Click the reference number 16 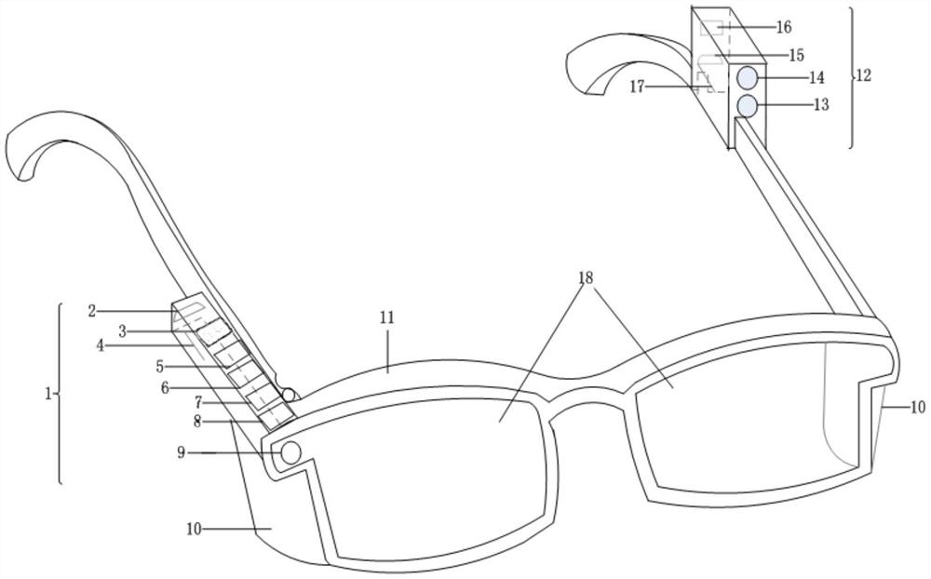pyautogui.click(x=783, y=27)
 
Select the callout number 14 pyautogui.click(x=816, y=78)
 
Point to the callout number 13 pyautogui.click(x=820, y=105)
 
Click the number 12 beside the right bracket pyautogui.click(x=863, y=75)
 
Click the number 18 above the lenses pyautogui.click(x=585, y=277)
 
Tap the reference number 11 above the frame pyautogui.click(x=386, y=317)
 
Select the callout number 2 pyautogui.click(x=92, y=311)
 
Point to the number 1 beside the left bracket pyautogui.click(x=47, y=393)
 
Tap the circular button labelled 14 pyautogui.click(x=748, y=77)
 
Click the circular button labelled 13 pyautogui.click(x=747, y=106)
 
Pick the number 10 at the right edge pyautogui.click(x=917, y=407)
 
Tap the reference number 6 pyautogui.click(x=165, y=387)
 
